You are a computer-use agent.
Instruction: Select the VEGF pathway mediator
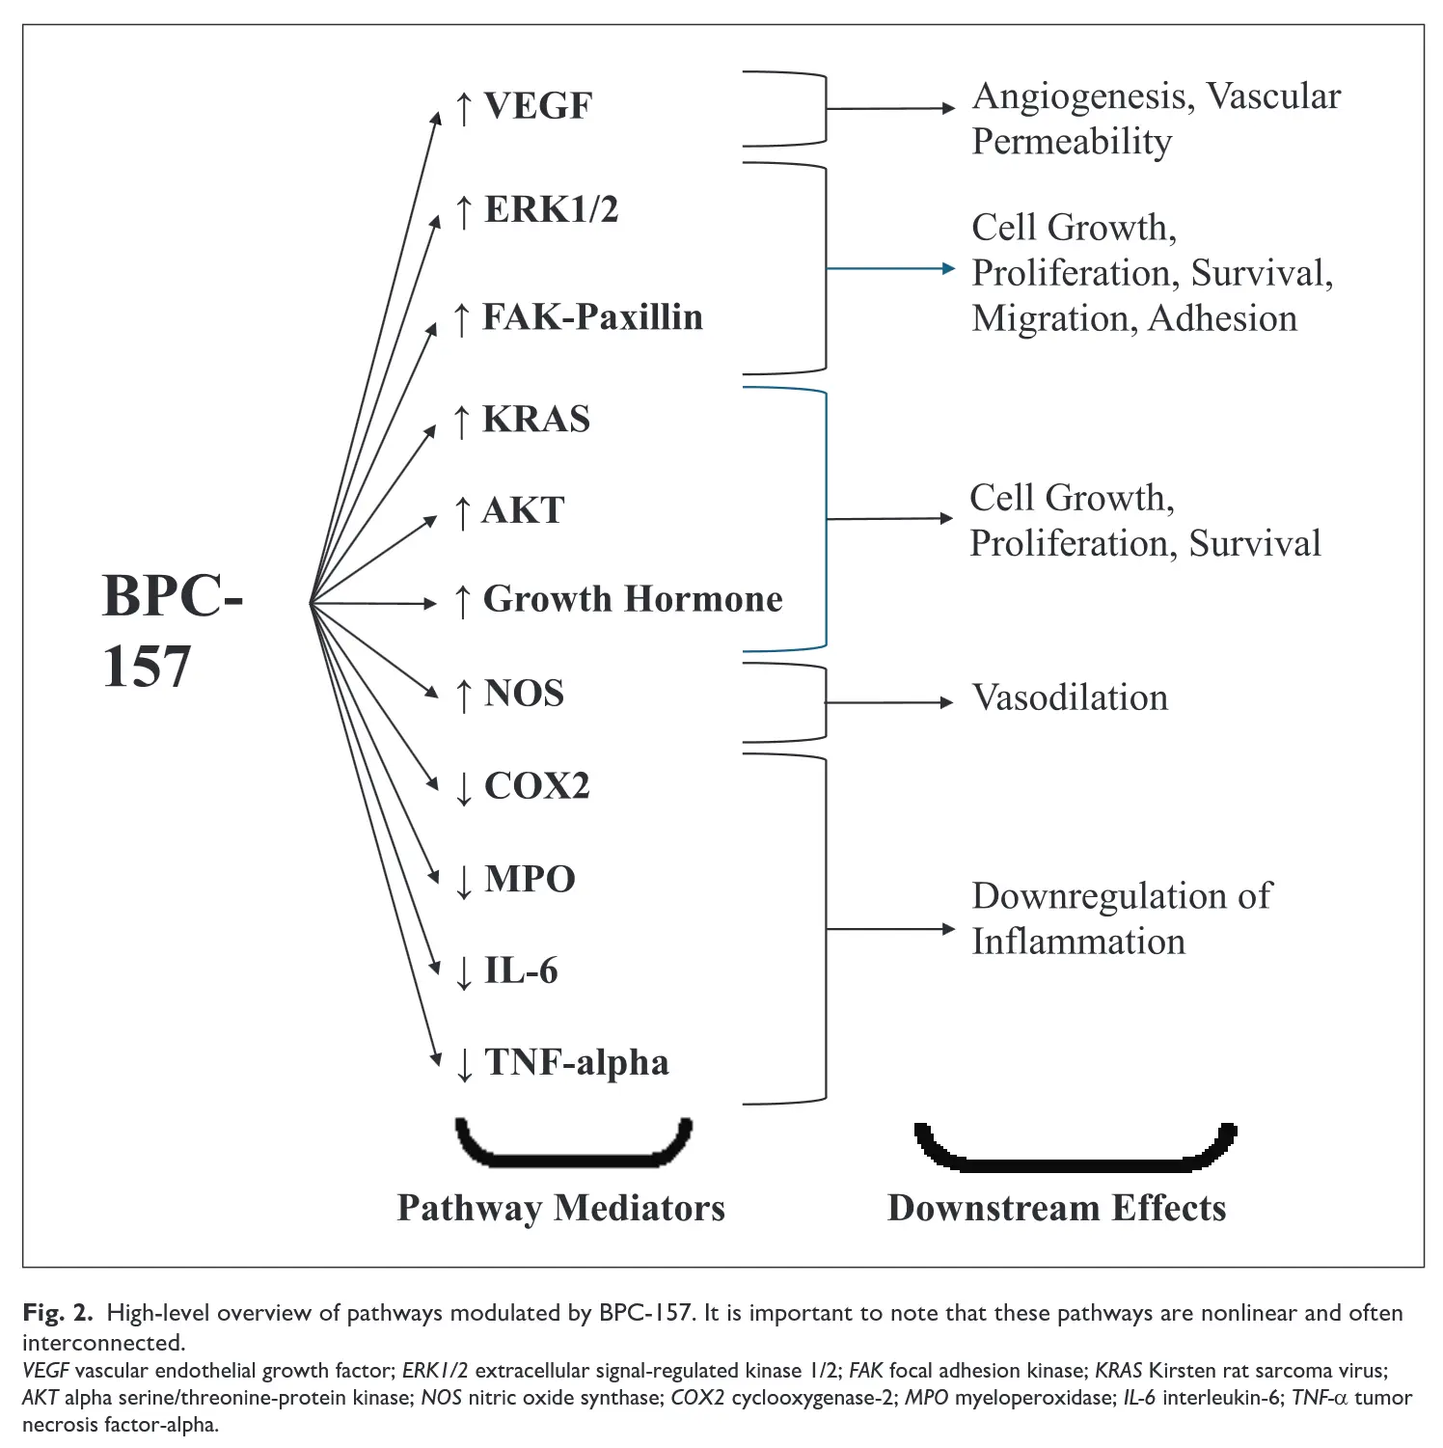click(x=536, y=106)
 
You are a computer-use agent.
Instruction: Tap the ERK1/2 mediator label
click(x=550, y=209)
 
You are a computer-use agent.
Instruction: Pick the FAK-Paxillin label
click(x=591, y=317)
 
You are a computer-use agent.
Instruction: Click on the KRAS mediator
click(x=535, y=420)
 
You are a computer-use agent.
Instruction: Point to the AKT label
click(x=523, y=510)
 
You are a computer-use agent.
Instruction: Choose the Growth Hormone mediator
click(x=632, y=599)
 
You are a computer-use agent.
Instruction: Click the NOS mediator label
click(x=523, y=694)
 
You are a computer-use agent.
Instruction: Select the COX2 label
click(x=535, y=786)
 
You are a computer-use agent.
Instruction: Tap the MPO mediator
click(x=529, y=879)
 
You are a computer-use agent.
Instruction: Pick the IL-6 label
click(x=520, y=970)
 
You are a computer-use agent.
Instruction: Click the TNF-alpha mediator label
click(x=576, y=1062)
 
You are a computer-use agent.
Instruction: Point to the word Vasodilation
click(x=1070, y=697)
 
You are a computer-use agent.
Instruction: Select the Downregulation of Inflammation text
click(x=1121, y=918)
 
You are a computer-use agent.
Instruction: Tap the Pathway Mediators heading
click(x=560, y=1208)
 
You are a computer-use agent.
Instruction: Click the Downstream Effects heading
click(x=1056, y=1208)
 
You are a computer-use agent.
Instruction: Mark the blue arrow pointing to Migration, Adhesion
click(x=890, y=268)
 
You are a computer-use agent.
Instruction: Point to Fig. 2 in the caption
click(x=57, y=1313)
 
